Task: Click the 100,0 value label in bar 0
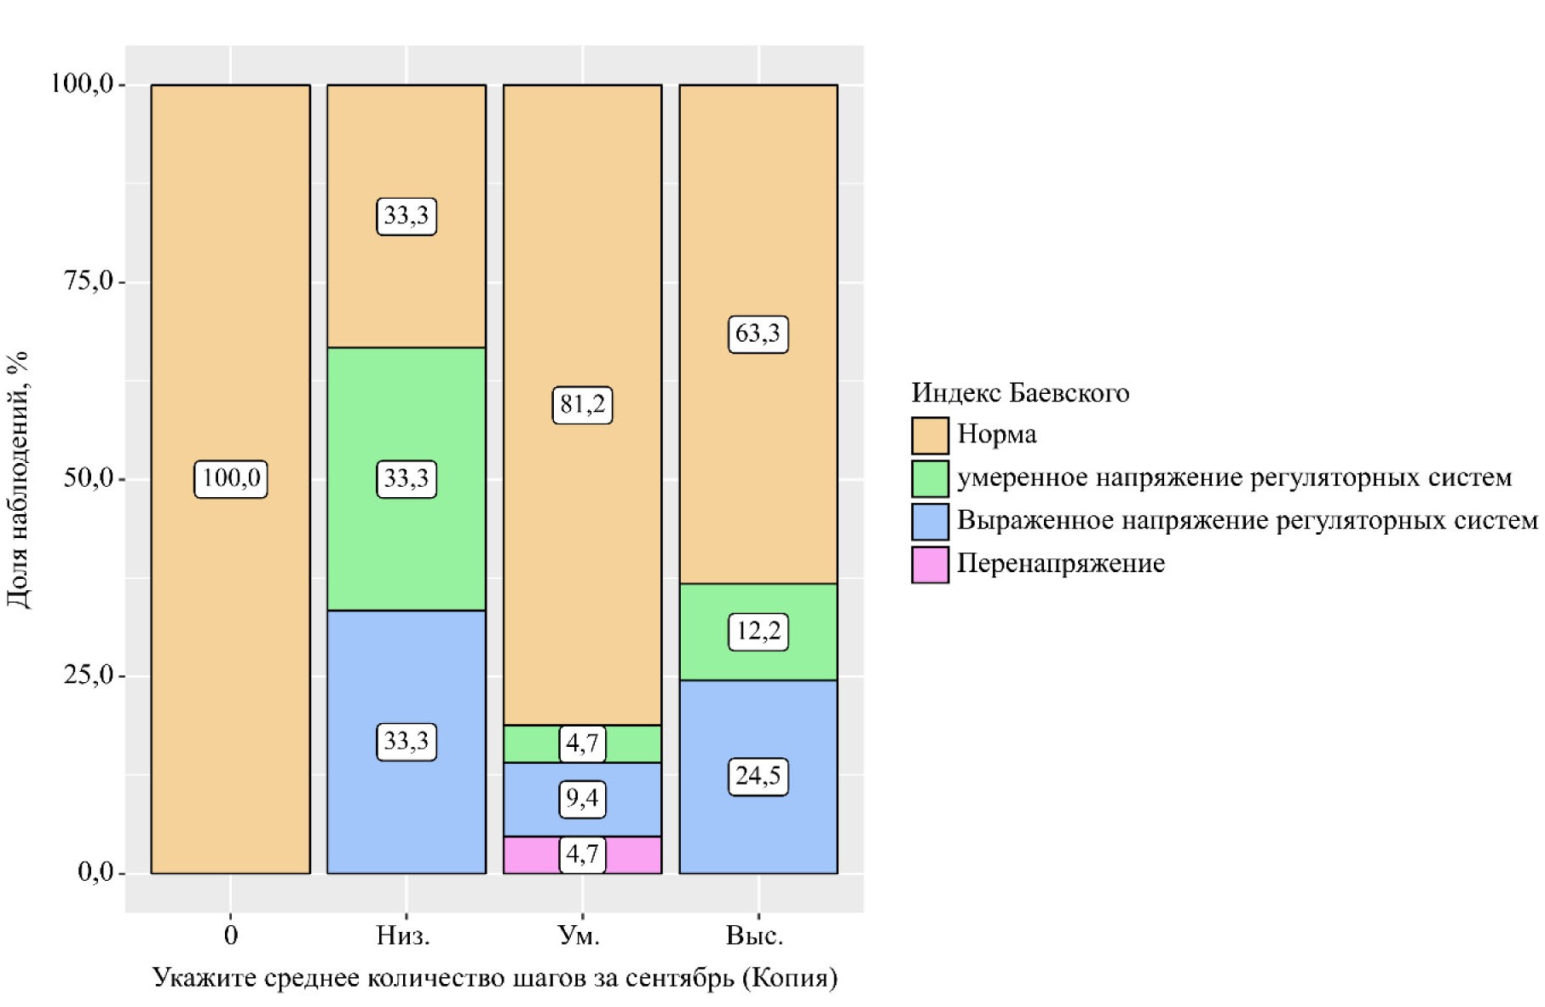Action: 230,478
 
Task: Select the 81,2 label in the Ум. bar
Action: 582,404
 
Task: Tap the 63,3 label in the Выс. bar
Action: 758,333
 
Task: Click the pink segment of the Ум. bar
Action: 528,855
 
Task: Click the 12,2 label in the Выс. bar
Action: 758,632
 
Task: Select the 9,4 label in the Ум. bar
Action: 582,799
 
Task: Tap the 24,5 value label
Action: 758,777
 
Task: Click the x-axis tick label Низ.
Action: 403,936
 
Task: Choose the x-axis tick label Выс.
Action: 754,936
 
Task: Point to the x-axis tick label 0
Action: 230,936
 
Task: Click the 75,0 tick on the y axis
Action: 89,281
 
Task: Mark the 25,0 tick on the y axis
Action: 89,675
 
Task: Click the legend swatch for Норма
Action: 930,435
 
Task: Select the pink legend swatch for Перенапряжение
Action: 930,564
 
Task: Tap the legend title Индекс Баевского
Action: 1020,393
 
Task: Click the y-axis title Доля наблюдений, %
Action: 17,479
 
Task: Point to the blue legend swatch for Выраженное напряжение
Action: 930,521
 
